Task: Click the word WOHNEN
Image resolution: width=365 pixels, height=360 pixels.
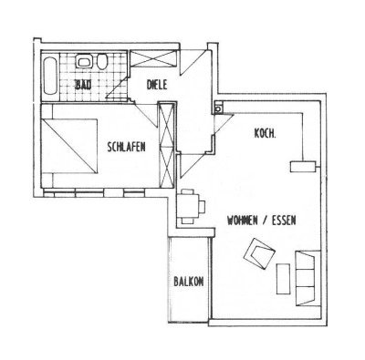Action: pyautogui.click(x=235, y=220)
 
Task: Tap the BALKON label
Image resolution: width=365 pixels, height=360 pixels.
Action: pyautogui.click(x=187, y=282)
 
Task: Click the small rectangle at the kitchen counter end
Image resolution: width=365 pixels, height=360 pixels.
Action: pyautogui.click(x=298, y=167)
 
